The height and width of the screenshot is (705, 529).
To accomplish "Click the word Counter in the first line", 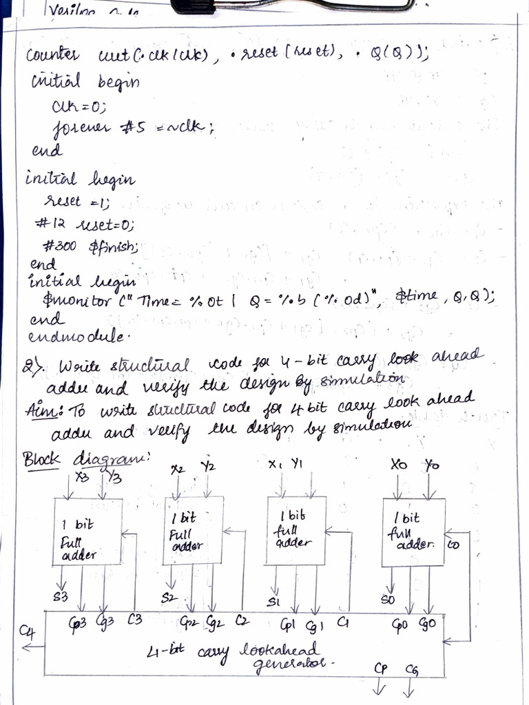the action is pyautogui.click(x=53, y=56).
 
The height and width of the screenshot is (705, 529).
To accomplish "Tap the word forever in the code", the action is pyautogui.click(x=75, y=128).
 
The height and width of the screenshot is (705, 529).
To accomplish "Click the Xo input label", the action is pyautogui.click(x=398, y=465).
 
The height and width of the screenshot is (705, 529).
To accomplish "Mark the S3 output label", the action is pyautogui.click(x=61, y=596).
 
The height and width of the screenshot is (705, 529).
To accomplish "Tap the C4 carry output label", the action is pyautogui.click(x=28, y=631).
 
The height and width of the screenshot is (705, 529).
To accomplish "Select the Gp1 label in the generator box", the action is pyautogui.click(x=288, y=625).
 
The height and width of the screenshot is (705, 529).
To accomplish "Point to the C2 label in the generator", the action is pyautogui.click(x=242, y=622).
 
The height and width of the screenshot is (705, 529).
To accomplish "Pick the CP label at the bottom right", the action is pyautogui.click(x=381, y=669).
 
